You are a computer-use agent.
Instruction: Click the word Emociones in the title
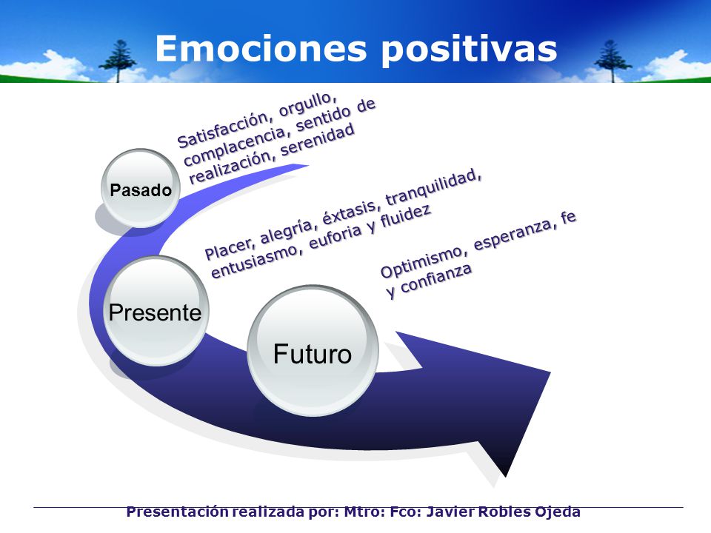click(261, 49)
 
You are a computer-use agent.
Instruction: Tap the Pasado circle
click(141, 189)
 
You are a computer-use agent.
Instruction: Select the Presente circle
click(156, 312)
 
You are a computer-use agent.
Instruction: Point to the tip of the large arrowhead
click(505, 477)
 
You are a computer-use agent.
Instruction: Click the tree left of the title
click(118, 61)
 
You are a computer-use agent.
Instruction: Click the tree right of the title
click(612, 61)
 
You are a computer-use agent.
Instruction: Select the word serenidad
click(318, 141)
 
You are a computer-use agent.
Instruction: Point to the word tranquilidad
click(433, 187)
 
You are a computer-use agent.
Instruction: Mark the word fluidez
click(405, 217)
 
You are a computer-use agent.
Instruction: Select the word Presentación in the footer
click(178, 512)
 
